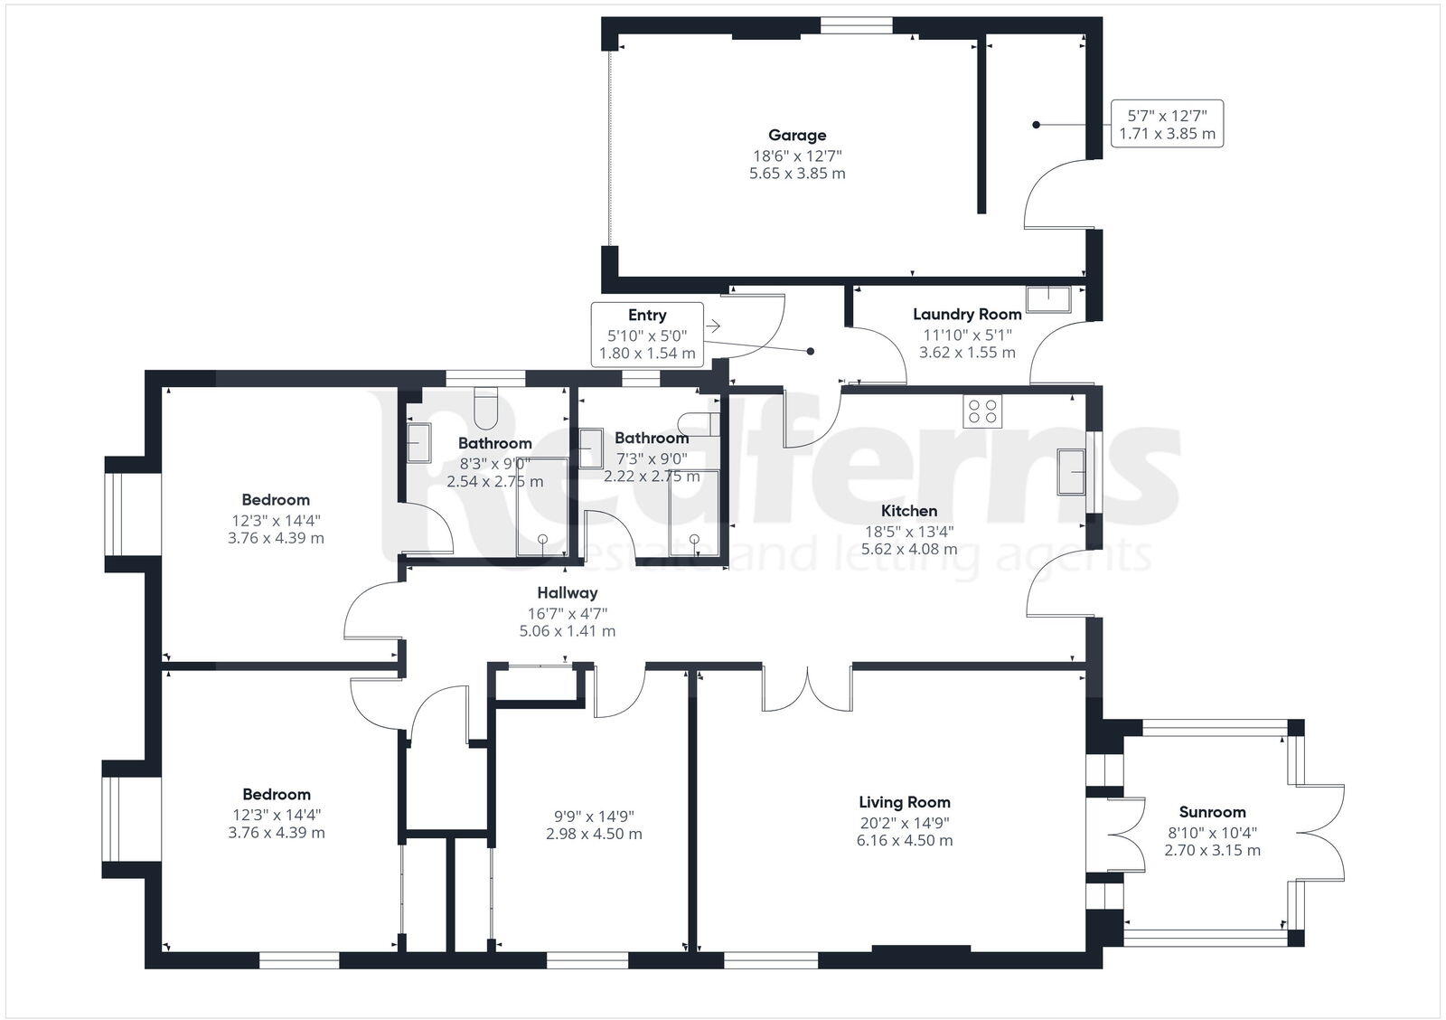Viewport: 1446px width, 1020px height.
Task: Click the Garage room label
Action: (x=797, y=136)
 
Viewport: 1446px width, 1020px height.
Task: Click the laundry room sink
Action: (x=1048, y=298)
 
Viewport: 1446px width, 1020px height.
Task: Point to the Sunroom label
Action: (x=1212, y=812)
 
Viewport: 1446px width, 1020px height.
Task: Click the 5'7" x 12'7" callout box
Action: (x=1166, y=124)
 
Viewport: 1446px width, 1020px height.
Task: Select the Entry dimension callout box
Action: (x=647, y=334)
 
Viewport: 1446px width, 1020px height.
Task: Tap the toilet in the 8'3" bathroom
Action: (x=485, y=408)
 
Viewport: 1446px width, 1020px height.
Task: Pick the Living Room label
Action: (x=904, y=802)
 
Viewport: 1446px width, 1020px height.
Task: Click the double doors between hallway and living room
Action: (x=807, y=689)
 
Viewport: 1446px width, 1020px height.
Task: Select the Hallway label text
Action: (x=567, y=593)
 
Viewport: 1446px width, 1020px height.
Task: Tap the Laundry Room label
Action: (x=967, y=315)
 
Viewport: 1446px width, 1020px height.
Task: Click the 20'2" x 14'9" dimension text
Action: (x=904, y=822)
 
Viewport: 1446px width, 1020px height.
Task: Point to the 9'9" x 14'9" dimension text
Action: (x=594, y=815)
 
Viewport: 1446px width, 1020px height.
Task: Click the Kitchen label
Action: (x=909, y=511)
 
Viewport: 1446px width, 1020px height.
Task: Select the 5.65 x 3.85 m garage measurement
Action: (x=797, y=174)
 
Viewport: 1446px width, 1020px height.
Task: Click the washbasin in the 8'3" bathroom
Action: (x=418, y=443)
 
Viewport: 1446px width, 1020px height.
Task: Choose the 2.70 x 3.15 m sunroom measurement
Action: (x=1212, y=851)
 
